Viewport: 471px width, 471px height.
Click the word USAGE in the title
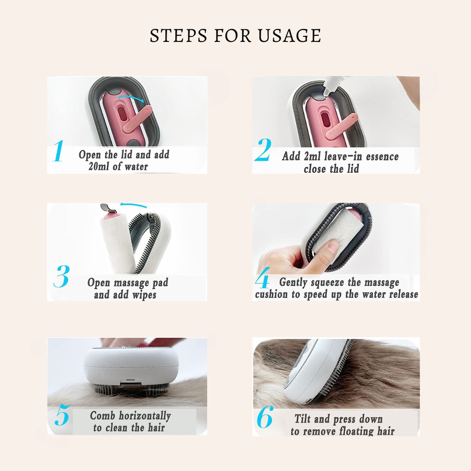click(x=290, y=35)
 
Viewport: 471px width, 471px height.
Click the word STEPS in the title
click(x=179, y=35)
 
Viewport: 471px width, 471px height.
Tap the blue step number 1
click(x=58, y=151)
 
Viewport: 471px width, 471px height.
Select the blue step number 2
click(x=263, y=150)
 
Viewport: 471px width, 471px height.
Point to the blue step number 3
click(x=61, y=276)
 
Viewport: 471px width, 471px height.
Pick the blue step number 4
click(x=262, y=278)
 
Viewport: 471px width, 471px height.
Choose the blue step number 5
click(x=63, y=415)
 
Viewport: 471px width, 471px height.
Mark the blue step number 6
click(x=265, y=417)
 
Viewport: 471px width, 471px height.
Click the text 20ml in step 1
click(x=99, y=167)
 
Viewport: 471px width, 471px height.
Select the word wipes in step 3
click(x=144, y=295)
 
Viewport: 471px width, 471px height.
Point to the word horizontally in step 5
click(x=145, y=416)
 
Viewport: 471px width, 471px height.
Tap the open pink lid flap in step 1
click(x=138, y=119)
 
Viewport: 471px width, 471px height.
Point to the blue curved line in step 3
click(x=133, y=205)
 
